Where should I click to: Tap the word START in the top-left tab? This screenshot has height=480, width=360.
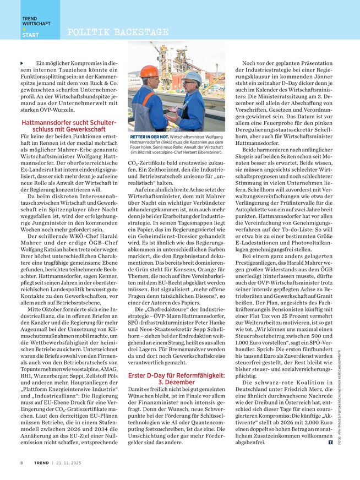click(x=30, y=36)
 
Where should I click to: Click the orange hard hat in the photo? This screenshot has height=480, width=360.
click(x=149, y=72)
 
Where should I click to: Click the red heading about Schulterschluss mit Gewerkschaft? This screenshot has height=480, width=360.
click(x=68, y=125)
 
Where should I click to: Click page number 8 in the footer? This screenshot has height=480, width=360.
click(x=22, y=462)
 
